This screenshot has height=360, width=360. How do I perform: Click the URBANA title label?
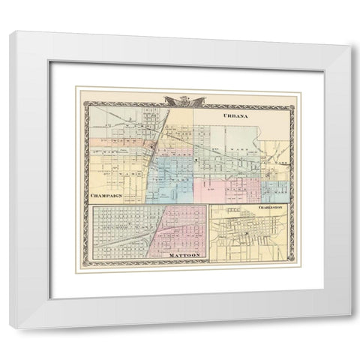click(x=238, y=118)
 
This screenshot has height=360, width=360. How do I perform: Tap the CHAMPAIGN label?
click(x=106, y=196)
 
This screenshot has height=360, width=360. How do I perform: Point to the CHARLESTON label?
click(x=268, y=206)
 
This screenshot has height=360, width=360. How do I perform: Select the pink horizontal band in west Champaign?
click(x=112, y=141)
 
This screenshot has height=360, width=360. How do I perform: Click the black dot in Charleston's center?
click(x=245, y=235)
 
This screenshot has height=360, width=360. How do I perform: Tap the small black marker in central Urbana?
click(x=196, y=160)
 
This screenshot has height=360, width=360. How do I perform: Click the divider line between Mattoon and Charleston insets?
click(x=208, y=232)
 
